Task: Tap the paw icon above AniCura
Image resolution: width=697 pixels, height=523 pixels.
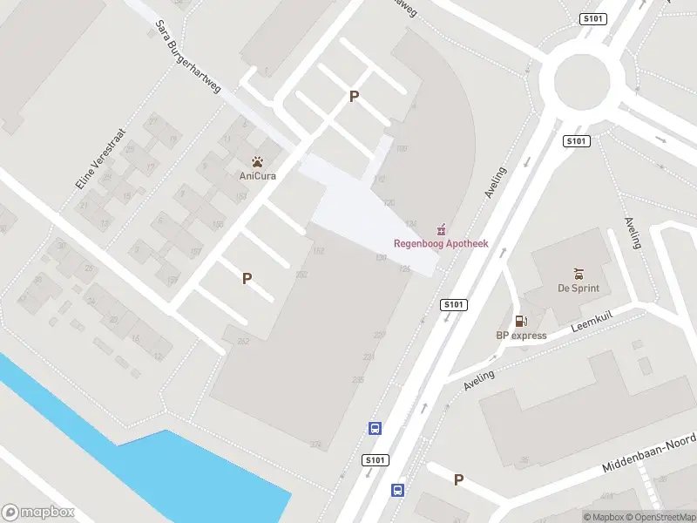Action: point(257,161)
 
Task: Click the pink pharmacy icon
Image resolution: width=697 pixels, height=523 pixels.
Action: point(443,229)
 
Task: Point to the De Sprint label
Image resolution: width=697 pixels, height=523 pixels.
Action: point(579,288)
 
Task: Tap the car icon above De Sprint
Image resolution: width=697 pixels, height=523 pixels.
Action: point(578,273)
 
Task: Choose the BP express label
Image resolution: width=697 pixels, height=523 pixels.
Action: point(521,336)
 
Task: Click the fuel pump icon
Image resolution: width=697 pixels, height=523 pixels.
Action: point(520,322)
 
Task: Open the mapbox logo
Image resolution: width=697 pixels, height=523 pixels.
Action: point(38,513)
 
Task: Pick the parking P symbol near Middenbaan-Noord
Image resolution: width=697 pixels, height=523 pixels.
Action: point(458,479)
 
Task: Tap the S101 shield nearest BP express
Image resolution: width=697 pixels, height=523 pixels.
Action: point(454,304)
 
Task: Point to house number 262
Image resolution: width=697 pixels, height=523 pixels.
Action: point(243,341)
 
